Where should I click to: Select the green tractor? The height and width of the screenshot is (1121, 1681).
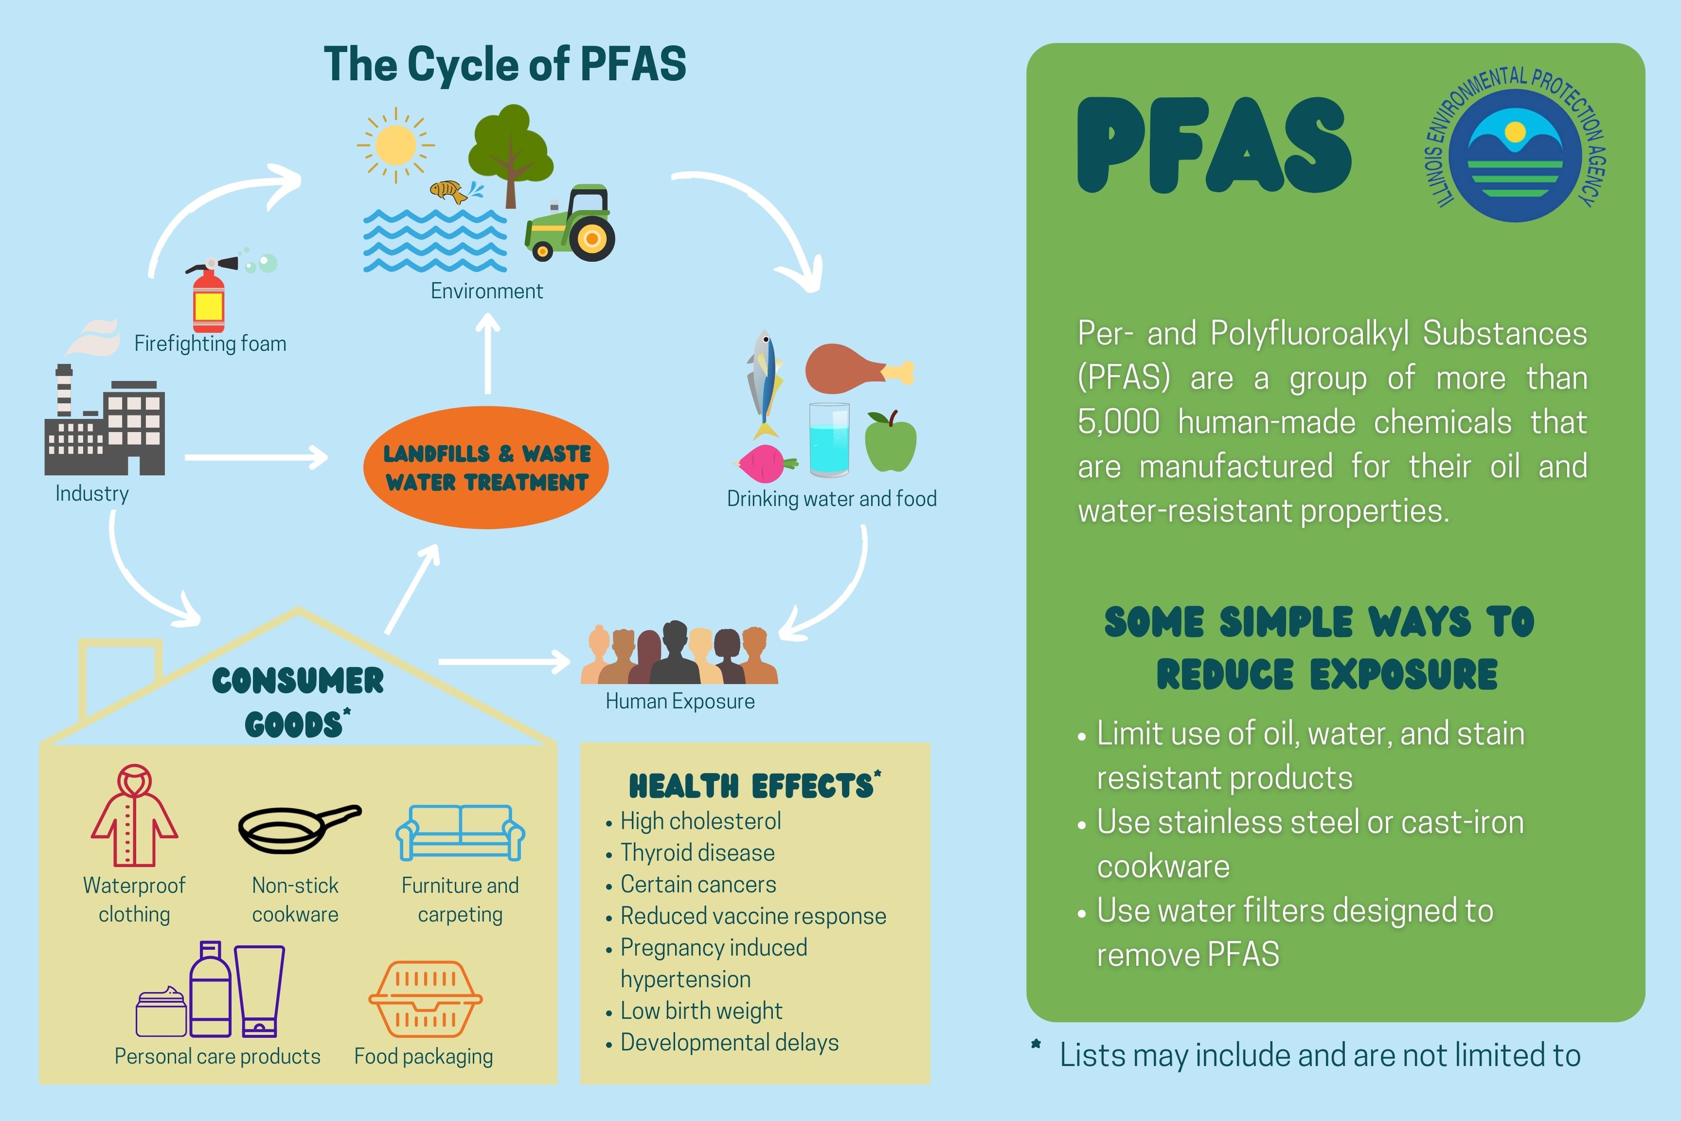pos(571,225)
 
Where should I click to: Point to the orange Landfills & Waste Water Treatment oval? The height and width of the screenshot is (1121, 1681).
pos(486,468)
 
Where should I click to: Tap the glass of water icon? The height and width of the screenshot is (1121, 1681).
pos(829,440)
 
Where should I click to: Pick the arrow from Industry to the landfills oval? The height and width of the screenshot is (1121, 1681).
pos(256,457)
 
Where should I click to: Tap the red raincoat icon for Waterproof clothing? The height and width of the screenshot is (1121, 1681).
pos(134,816)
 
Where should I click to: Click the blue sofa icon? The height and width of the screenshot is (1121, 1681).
pos(460,833)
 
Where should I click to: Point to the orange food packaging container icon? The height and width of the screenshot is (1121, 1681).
pos(425,999)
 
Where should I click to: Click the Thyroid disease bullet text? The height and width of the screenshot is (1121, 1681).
pos(697,853)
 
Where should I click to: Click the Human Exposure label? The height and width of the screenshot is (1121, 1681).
pos(680,701)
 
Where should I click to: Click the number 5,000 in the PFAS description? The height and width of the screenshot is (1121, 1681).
pos(1119,422)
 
